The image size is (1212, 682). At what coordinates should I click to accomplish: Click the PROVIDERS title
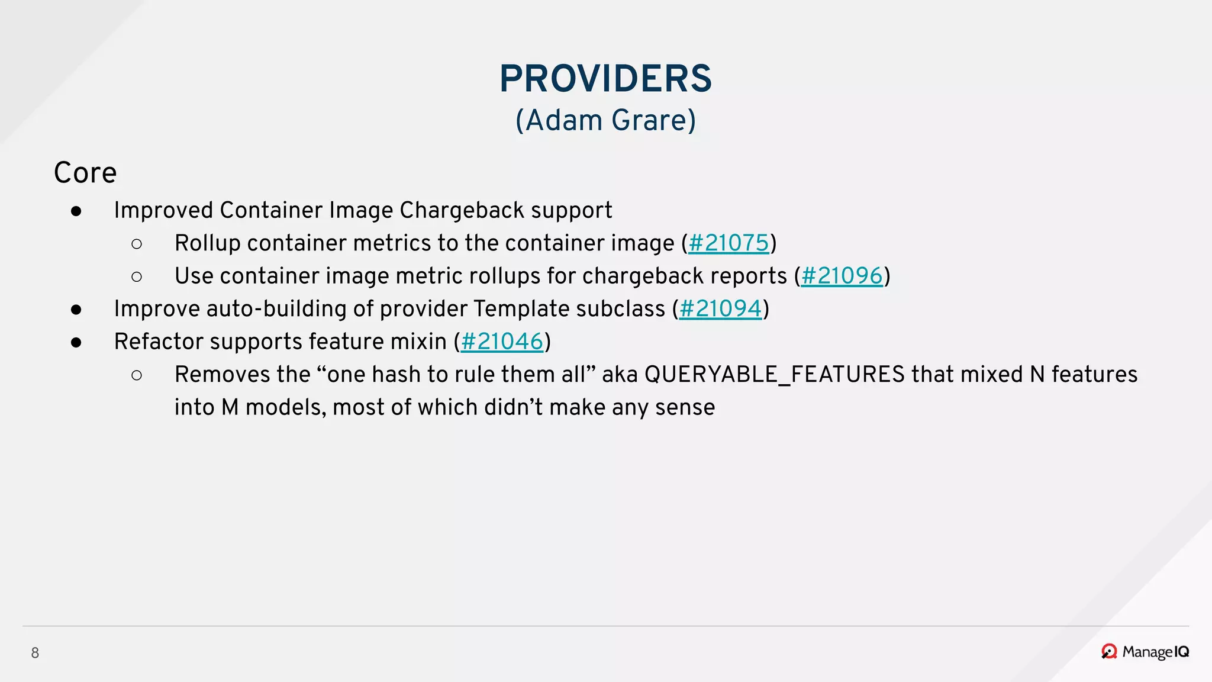point(605,79)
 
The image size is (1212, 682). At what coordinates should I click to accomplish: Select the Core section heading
point(85,173)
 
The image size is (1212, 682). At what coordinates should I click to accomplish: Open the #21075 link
point(729,243)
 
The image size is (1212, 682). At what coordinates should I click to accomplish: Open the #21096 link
point(842,276)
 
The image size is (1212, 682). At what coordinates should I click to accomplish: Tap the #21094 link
point(720,309)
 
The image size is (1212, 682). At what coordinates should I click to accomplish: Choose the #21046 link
point(502,342)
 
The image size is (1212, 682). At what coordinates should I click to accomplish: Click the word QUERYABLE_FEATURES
point(774,375)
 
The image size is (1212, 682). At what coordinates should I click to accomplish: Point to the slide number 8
point(35,653)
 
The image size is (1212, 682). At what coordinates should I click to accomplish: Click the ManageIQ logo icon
point(1109,652)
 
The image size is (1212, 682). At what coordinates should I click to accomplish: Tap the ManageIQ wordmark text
point(1155,652)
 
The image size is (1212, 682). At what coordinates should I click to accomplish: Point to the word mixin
point(420,342)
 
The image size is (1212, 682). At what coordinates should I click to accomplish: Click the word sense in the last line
point(685,407)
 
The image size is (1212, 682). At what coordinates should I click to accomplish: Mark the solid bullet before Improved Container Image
point(76,211)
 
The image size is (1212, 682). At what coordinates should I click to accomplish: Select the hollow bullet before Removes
point(137,375)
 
